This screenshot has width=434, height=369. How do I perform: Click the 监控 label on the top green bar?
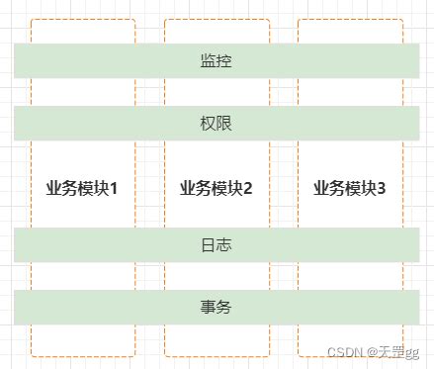(x=216, y=61)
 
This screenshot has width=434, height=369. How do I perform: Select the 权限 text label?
(x=216, y=124)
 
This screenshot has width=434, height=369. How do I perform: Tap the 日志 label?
(x=216, y=244)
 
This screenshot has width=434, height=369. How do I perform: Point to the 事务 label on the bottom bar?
(x=216, y=307)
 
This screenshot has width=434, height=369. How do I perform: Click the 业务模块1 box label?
(x=82, y=188)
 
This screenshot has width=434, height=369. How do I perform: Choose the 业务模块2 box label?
(x=217, y=188)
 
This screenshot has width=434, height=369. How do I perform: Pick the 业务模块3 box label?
(x=350, y=188)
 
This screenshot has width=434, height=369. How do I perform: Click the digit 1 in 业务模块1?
(x=114, y=188)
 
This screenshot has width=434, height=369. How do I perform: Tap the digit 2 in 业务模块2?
(x=248, y=188)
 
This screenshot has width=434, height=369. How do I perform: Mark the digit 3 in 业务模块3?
(x=382, y=188)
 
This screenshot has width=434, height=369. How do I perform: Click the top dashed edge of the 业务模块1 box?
(x=83, y=19)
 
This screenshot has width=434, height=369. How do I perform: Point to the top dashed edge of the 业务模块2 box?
(x=217, y=19)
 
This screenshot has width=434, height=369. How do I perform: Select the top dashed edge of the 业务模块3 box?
(x=350, y=19)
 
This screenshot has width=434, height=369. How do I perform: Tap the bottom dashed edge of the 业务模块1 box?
(x=83, y=355)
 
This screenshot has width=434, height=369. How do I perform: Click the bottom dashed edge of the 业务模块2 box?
(x=217, y=355)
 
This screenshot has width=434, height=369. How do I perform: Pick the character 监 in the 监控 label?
(x=208, y=61)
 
